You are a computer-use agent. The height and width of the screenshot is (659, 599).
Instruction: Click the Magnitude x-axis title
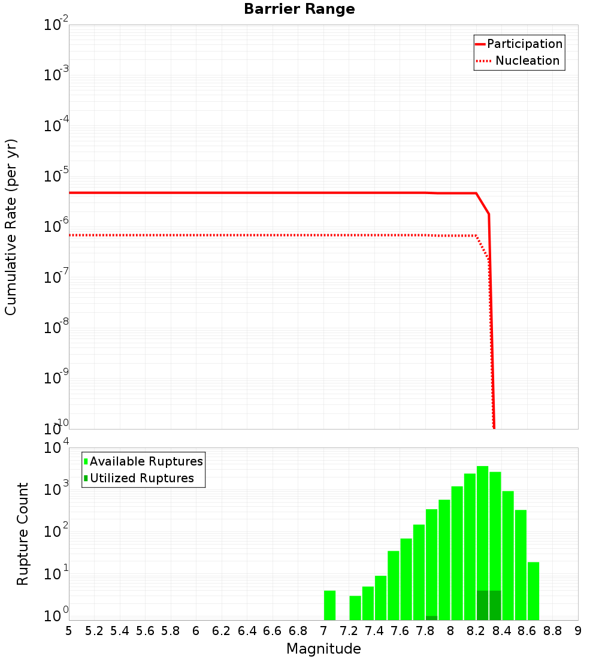pos(323,649)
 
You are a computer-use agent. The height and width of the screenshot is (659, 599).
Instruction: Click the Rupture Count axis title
pos(23,533)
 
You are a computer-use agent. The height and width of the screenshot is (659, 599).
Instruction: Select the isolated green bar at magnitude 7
pos(329,605)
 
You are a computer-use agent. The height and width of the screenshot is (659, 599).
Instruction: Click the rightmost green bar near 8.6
pos(533,591)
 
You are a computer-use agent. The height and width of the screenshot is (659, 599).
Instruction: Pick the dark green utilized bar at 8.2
pos(482,605)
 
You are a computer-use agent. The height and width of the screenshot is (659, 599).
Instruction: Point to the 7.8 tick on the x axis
pos(425,631)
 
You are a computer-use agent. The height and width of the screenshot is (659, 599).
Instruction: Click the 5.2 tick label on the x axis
pos(95,631)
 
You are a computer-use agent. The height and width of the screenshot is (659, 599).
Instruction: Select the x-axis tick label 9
pos(578,631)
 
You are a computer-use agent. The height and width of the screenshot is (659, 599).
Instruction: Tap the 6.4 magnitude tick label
pos(247,631)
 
